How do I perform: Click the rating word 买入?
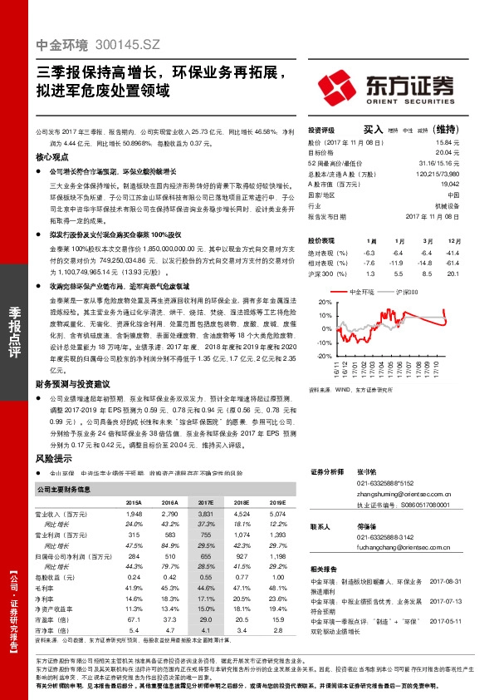[373, 130]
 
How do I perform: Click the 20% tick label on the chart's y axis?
[314, 303]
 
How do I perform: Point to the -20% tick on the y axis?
[313, 356]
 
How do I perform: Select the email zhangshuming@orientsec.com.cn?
[390, 493]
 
